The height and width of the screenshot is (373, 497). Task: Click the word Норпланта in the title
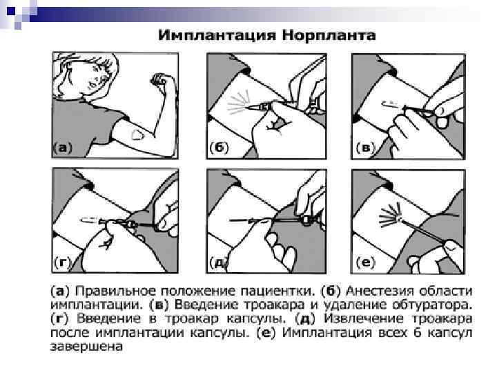coord(329,35)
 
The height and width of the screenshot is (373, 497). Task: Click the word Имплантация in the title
coord(217,35)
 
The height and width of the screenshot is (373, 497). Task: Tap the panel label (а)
coord(63,148)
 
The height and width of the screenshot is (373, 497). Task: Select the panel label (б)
coord(219,148)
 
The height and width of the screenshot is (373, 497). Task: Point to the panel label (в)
coord(365,148)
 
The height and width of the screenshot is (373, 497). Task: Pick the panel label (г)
coord(62,263)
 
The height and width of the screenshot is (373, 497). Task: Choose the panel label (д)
coord(219,263)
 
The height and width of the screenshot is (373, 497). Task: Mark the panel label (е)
coord(365,263)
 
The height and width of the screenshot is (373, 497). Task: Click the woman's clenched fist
coord(159,79)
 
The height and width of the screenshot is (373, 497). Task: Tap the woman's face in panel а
coord(96,77)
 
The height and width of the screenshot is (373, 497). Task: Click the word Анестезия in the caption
coord(377,291)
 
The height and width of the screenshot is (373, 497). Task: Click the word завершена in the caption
coord(86,347)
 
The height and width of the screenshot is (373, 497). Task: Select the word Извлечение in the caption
coord(364,318)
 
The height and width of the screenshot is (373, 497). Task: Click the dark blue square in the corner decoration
coord(11,12)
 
